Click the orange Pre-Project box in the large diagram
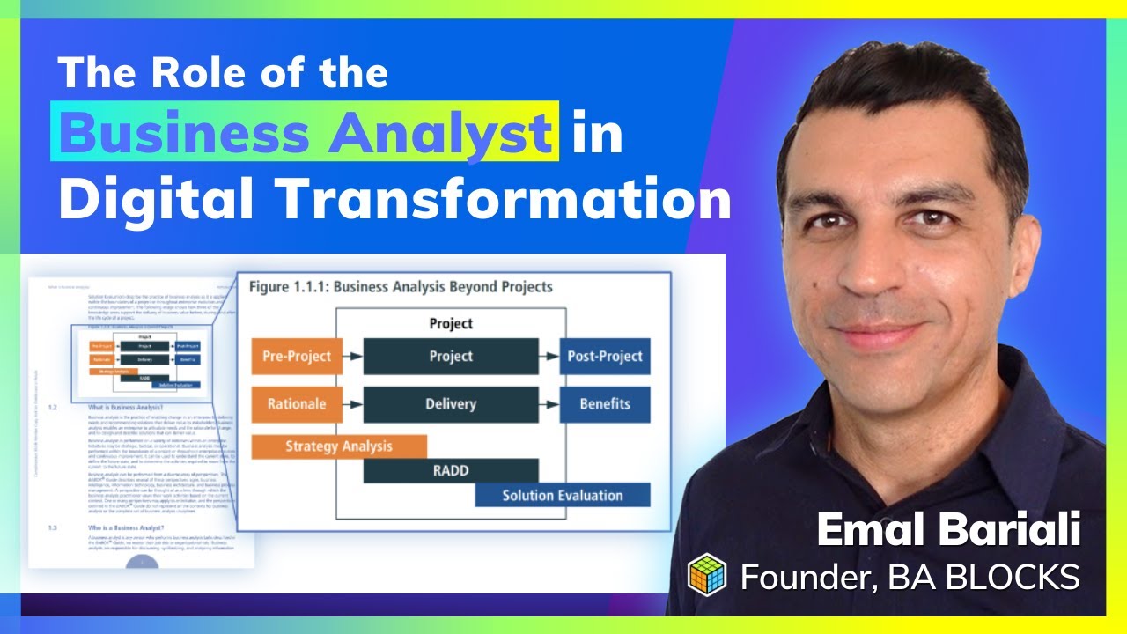click(x=297, y=357)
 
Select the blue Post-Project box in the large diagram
click(x=605, y=357)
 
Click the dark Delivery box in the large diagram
click(x=451, y=404)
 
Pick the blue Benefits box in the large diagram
click(x=605, y=404)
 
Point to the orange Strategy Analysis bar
click(x=339, y=446)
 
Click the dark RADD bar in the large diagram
click(x=451, y=470)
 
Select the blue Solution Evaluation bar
click(x=563, y=495)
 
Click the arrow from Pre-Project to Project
click(x=352, y=357)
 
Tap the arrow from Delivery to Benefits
click(x=549, y=404)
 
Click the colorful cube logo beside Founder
click(x=710, y=576)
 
